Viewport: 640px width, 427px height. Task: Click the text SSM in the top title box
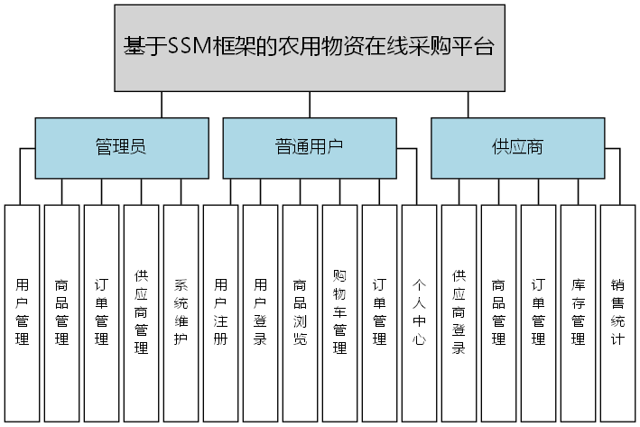[189, 48]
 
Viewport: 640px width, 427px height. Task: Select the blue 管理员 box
[120, 147]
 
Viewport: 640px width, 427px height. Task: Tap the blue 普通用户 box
[309, 147]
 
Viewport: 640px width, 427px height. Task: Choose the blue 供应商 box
[517, 147]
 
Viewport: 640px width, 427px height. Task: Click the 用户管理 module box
[23, 312]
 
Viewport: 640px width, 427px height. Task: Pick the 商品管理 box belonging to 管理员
[62, 312]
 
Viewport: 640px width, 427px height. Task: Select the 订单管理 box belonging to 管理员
[102, 312]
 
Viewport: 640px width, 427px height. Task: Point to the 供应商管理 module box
[142, 312]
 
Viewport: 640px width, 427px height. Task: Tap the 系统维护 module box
[181, 312]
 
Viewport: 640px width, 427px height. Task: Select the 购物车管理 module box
[340, 312]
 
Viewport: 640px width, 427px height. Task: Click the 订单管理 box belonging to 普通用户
[380, 312]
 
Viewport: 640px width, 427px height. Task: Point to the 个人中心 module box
[419, 312]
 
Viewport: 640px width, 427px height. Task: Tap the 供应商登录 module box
[459, 312]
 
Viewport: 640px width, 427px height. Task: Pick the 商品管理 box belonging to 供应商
[498, 312]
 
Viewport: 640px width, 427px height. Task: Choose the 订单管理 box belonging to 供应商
[538, 312]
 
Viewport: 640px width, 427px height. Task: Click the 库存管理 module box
[578, 312]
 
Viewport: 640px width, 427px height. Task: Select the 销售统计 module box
[617, 312]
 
